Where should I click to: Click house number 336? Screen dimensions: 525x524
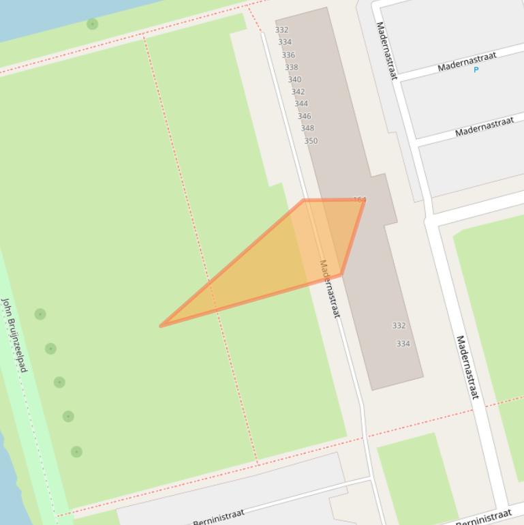288,55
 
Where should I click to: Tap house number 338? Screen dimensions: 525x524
291,67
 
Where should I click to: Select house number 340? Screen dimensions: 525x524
294,80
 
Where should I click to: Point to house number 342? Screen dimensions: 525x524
298,92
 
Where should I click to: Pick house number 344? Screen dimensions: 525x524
301,104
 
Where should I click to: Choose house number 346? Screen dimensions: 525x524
304,117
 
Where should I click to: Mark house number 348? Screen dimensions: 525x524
307,128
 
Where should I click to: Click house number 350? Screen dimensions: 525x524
311,141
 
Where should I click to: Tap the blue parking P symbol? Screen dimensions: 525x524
476,70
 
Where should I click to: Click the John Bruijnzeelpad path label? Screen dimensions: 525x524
14,334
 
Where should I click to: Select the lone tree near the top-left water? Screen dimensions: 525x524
92,25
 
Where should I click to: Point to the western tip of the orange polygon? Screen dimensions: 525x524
161,326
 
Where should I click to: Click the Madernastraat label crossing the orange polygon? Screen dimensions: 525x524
329,288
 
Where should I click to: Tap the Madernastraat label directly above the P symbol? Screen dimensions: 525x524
467,61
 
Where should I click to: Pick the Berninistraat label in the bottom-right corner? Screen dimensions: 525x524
483,517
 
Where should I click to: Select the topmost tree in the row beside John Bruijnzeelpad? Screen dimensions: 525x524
40,314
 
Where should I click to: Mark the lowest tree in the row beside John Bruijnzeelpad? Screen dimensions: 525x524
76,451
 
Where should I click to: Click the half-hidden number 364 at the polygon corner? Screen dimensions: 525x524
360,200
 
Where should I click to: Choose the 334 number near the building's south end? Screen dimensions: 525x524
403,344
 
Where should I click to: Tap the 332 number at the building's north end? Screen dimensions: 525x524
281,30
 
